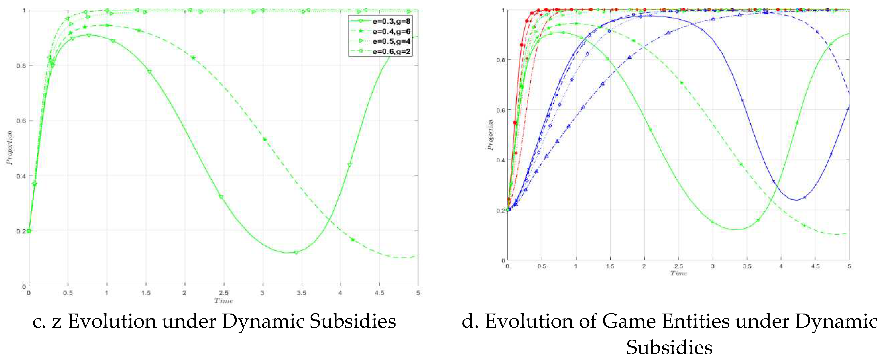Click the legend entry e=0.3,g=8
[x=391, y=21]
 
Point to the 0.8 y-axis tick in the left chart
[x=21, y=65]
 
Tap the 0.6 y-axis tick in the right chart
[x=500, y=110]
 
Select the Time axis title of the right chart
[x=678, y=273]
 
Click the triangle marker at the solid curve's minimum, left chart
[x=296, y=253]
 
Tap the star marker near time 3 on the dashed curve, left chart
[x=265, y=139]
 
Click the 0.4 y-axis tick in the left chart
[x=21, y=176]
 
